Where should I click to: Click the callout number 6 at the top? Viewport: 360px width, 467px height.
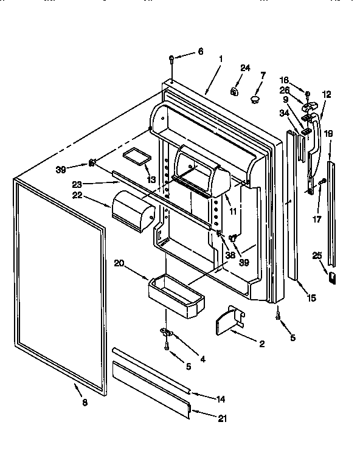tap(201, 52)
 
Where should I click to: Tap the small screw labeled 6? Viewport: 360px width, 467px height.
tap(173, 60)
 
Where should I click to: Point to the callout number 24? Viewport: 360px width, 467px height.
tap(245, 68)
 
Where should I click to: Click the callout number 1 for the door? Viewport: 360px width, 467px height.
tap(220, 59)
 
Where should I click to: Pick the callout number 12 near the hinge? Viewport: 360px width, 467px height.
tap(327, 94)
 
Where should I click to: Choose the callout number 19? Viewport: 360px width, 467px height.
tap(328, 133)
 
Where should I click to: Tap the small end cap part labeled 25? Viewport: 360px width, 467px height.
tap(333, 277)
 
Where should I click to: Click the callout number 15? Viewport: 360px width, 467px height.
tap(312, 298)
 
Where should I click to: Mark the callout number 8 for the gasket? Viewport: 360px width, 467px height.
tap(84, 403)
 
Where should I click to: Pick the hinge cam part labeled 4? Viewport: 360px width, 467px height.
tap(166, 332)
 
